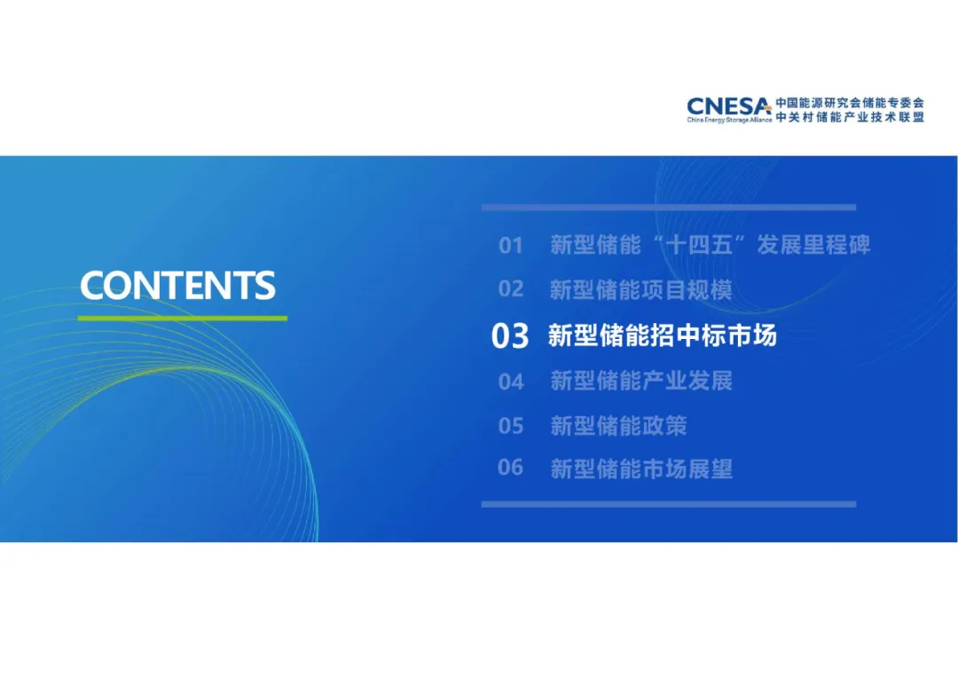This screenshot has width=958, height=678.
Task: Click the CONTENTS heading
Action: click(177, 286)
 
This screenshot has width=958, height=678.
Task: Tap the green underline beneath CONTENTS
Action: click(182, 318)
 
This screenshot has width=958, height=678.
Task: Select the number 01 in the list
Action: click(511, 246)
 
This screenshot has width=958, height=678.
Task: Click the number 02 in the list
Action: click(511, 289)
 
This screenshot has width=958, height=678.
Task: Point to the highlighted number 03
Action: click(510, 336)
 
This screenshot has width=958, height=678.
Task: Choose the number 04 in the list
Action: click(511, 382)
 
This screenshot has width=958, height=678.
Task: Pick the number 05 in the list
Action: click(511, 425)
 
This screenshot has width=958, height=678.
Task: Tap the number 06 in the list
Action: click(511, 468)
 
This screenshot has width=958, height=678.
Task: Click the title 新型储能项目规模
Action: click(641, 290)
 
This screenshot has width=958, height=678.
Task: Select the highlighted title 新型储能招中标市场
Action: click(663, 335)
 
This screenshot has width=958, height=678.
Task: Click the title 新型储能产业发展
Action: click(641, 381)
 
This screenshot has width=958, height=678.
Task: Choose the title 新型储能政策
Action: click(618, 425)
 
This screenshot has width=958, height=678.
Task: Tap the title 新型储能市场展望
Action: click(641, 469)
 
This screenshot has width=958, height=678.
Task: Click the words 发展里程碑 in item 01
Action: click(813, 245)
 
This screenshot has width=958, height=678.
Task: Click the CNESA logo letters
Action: click(728, 107)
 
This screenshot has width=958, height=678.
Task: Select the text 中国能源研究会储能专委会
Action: click(850, 103)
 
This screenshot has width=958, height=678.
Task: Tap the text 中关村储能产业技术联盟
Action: click(850, 117)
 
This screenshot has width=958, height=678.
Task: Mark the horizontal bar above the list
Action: click(669, 208)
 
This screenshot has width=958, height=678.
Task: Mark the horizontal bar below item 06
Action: click(669, 504)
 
